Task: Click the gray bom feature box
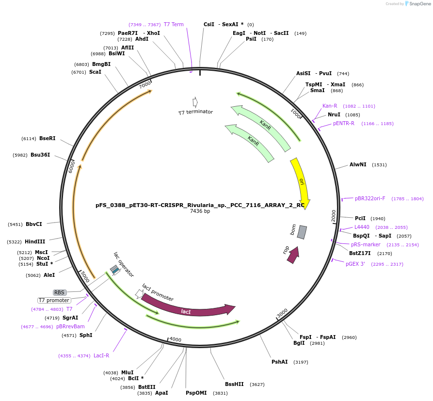(302, 232)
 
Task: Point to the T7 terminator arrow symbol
(195, 102)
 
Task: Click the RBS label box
(60, 292)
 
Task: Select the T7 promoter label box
(54, 300)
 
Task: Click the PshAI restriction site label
(280, 362)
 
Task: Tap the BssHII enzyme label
(235, 384)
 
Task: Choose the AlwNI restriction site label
(358, 165)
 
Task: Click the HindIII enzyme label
(35, 241)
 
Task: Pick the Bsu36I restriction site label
(40, 155)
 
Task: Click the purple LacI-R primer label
(101, 355)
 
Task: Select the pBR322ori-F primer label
(370, 198)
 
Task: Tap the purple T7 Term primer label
(174, 24)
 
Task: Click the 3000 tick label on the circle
(282, 313)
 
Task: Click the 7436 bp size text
(200, 211)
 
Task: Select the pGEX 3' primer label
(359, 264)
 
